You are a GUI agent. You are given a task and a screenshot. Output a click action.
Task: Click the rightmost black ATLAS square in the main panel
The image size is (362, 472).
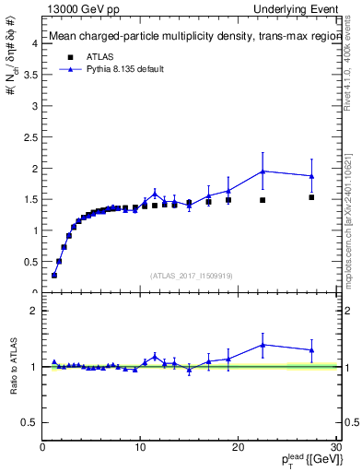point(311,197)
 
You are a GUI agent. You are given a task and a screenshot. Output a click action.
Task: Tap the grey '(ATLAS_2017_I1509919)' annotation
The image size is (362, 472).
point(190,275)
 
